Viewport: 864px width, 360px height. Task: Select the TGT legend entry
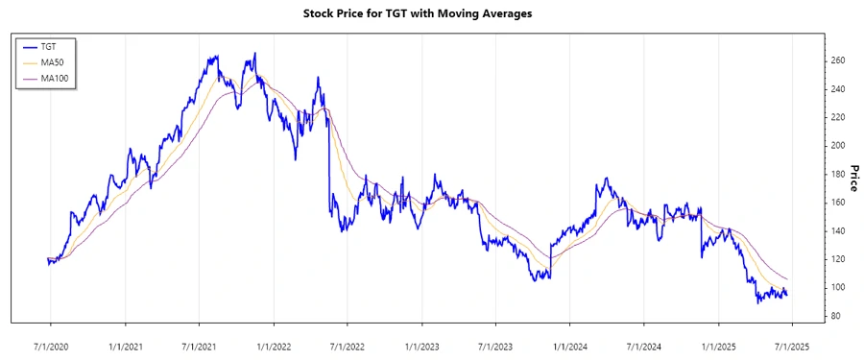(49, 45)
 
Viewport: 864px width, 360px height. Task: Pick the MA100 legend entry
(54, 78)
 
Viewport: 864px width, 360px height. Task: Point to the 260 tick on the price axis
(838, 60)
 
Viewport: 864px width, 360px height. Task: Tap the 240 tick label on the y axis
(838, 89)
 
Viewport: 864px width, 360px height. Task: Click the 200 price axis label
(838, 146)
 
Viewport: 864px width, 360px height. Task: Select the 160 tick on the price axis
(838, 203)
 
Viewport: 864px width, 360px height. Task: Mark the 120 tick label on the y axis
(838, 259)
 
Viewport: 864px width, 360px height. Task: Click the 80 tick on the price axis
(836, 316)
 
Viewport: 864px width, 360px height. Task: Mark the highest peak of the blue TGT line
(254, 54)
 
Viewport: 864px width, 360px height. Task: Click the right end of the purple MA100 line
(787, 279)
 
